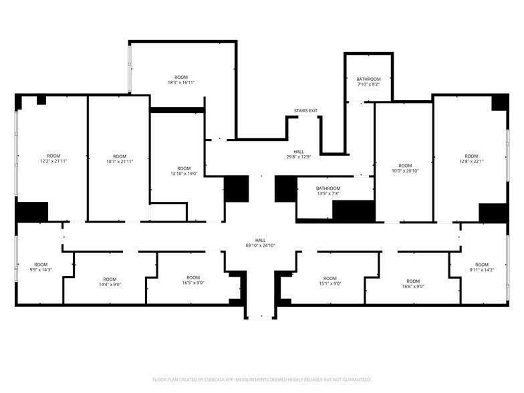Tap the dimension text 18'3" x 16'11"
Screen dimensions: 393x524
180,83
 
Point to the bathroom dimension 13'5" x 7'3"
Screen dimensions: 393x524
327,194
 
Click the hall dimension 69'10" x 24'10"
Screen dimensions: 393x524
260,246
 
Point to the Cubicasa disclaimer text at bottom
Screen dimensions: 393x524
261,379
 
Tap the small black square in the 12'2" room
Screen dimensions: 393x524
41,100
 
